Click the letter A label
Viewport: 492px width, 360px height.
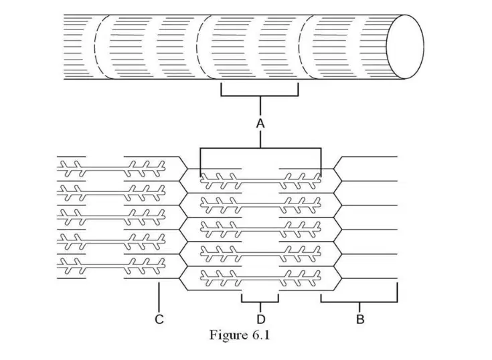(x=260, y=124)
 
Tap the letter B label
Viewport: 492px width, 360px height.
(x=360, y=319)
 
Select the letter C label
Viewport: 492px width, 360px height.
(x=159, y=319)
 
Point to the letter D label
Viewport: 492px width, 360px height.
(x=260, y=319)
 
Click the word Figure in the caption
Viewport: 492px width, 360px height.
(x=228, y=335)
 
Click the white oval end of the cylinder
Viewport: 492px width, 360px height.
(x=405, y=46)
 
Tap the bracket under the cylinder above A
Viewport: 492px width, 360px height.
(x=260, y=95)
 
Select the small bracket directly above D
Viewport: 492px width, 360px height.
(x=260, y=302)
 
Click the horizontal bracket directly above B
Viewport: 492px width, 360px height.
(x=359, y=302)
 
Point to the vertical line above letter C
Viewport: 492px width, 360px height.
(x=159, y=297)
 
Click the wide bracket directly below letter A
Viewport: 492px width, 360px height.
(x=260, y=148)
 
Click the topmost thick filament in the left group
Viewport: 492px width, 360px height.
(x=111, y=169)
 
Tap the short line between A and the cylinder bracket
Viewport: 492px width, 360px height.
(x=260, y=107)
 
